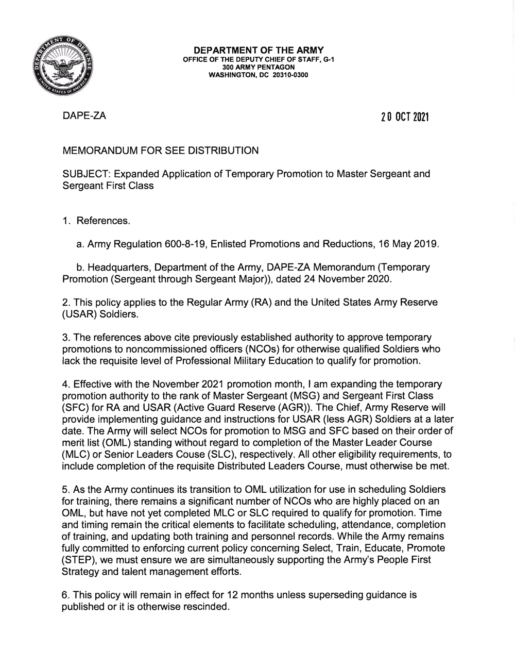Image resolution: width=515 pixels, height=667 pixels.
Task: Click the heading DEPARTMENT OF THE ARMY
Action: (258, 50)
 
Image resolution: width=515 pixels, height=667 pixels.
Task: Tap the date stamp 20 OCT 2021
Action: (405, 117)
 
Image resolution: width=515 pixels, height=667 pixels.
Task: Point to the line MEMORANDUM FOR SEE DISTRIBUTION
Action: (160, 151)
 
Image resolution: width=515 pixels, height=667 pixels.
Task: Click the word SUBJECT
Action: (83, 174)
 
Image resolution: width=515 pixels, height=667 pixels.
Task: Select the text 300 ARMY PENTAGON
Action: (258, 67)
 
